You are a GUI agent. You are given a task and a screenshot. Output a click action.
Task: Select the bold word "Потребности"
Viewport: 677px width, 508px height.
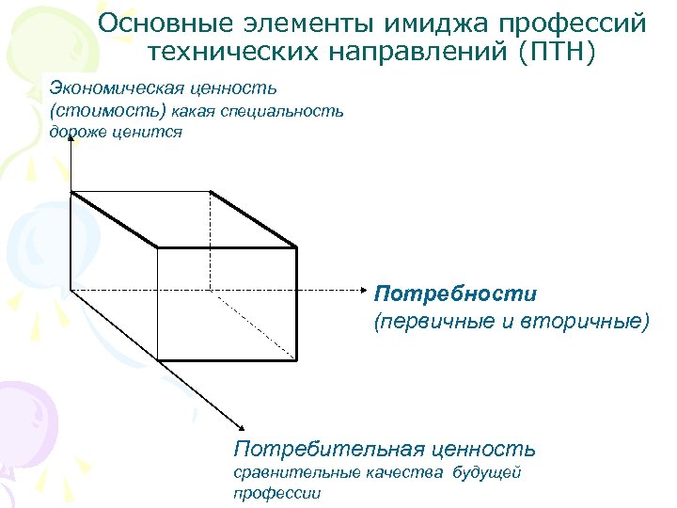[x=455, y=294]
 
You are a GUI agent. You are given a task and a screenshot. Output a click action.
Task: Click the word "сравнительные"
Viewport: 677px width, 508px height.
[x=288, y=472]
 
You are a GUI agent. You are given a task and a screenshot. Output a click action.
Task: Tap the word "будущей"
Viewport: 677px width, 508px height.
[x=486, y=472]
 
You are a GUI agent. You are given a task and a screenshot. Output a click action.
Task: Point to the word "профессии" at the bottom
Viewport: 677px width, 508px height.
[x=276, y=493]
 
